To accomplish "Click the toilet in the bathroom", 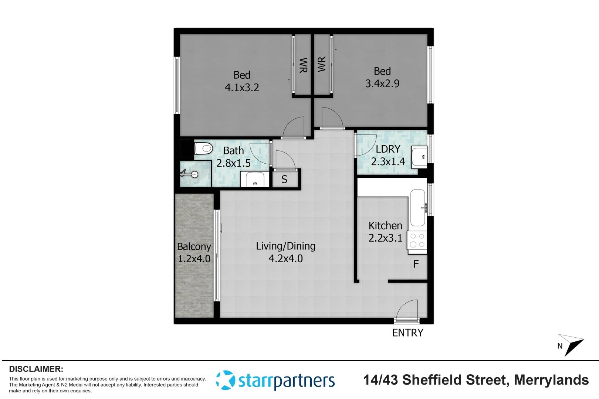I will tap(203, 149).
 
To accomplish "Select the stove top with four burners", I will tap(417, 241).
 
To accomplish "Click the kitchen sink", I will tap(418, 208).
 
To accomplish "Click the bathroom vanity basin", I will tap(255, 180).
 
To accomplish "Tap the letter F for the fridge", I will tap(416, 264).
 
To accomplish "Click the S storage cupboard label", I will tap(284, 180).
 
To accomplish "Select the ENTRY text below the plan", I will tap(407, 333).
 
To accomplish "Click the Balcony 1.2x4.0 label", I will tap(194, 253).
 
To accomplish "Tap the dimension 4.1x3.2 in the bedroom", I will tap(242, 88).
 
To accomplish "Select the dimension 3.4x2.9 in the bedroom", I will tap(382, 83).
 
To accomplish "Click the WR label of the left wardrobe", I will tap(303, 65).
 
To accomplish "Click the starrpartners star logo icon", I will tap(225, 380).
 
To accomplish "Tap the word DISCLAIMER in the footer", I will tap(36, 369).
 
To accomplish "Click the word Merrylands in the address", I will tap(551, 380).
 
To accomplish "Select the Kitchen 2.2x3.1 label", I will tap(385, 232).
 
